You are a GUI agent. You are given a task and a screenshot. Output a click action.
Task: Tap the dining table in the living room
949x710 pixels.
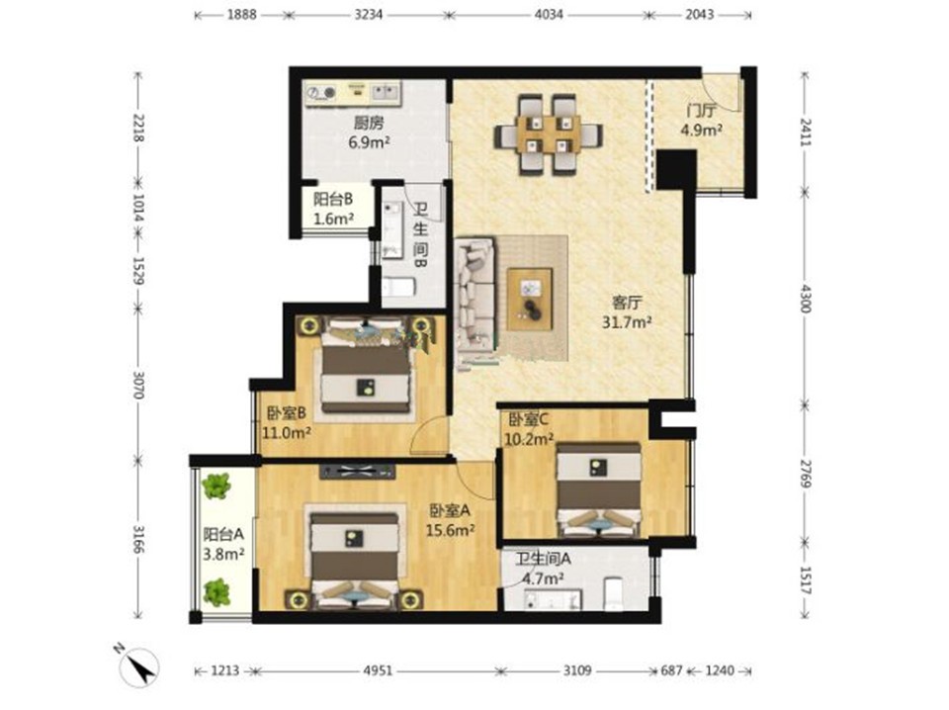548,134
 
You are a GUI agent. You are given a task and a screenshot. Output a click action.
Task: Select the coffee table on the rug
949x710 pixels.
530,299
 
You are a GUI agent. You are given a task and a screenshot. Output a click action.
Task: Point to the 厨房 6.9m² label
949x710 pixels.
369,133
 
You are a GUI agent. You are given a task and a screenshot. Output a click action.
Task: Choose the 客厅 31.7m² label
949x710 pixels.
627,311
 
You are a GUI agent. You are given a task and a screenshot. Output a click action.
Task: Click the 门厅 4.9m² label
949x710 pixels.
701,121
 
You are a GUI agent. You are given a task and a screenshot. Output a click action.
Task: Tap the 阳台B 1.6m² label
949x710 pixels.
333,209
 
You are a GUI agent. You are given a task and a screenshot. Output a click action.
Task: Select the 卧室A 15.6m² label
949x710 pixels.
450,520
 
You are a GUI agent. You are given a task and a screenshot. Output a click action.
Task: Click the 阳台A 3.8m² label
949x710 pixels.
223,544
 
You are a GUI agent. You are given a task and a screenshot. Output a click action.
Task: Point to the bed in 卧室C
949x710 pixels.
599,489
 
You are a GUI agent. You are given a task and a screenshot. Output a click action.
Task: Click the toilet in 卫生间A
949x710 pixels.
614,593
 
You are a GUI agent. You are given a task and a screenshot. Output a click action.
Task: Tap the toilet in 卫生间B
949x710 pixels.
398,287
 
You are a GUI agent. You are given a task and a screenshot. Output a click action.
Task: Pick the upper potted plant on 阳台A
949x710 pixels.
216,487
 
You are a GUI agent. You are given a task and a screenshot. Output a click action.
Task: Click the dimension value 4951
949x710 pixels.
379,670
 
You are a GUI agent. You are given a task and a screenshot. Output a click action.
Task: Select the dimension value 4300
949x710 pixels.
806,298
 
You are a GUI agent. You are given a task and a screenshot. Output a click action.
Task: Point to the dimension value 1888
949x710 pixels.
242,14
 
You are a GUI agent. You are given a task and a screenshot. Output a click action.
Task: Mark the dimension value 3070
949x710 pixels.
138,385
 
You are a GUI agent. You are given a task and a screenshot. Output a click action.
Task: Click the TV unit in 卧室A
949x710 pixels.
357,471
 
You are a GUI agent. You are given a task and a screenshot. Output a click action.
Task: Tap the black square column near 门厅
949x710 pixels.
676,169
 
